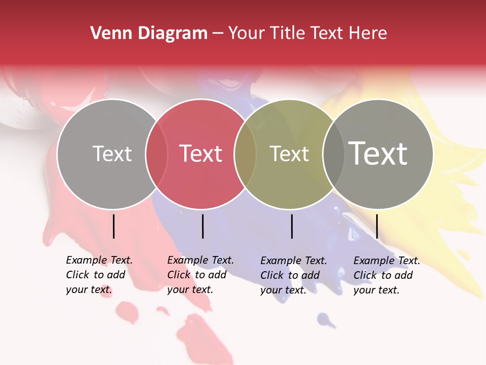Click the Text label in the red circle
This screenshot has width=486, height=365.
201,154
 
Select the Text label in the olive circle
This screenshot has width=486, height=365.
289,154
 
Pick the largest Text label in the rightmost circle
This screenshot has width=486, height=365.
378,153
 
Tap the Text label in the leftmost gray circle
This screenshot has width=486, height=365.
112,154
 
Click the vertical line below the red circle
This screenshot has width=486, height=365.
202,226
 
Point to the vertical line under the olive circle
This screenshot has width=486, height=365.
292,226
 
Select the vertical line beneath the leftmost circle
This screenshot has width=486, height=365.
113,226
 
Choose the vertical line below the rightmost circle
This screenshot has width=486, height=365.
377,226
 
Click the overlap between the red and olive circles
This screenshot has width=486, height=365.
245,154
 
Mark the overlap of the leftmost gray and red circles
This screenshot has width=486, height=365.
156,154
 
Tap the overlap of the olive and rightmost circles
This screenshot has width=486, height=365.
334,154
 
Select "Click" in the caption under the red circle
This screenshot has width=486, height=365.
178,275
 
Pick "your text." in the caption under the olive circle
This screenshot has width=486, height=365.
283,290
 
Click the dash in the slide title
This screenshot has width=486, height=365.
218,33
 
